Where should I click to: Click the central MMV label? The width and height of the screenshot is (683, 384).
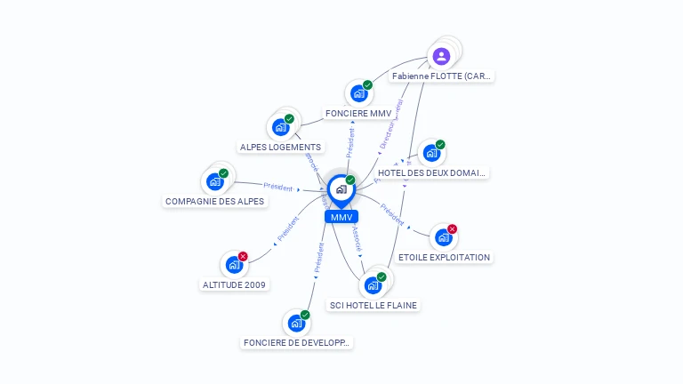341,217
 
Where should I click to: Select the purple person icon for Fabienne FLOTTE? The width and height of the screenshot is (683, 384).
441,56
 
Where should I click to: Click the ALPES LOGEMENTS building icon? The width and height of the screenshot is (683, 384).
281,127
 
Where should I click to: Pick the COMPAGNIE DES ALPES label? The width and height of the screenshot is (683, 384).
215,201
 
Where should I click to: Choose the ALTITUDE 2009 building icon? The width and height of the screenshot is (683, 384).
234,265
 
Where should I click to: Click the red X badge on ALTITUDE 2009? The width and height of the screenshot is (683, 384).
243,257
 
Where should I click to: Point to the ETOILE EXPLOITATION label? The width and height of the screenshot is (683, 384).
444,257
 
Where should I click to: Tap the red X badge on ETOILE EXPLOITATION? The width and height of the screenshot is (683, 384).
452,229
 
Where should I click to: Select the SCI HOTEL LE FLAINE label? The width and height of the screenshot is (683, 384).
373,305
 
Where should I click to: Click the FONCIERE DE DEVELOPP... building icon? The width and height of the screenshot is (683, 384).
296,323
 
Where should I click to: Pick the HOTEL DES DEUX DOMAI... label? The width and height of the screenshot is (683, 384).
432,172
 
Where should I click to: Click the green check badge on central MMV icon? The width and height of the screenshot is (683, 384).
350,180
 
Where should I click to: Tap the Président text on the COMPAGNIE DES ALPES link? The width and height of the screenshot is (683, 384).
278,187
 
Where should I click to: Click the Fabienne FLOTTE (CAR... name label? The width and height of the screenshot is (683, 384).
441,76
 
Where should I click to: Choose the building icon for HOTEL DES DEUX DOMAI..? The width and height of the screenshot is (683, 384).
431,153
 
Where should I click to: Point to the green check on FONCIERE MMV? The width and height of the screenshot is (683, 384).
367,85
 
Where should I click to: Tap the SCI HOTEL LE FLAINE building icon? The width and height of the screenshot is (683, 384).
373,285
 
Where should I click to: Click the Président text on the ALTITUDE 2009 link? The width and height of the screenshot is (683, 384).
288,229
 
